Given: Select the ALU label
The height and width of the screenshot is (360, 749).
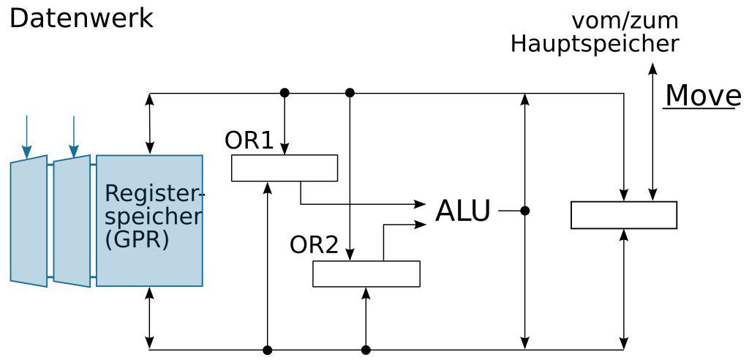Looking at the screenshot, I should click(462, 211).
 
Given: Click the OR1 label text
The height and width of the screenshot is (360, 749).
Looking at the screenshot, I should click(249, 140).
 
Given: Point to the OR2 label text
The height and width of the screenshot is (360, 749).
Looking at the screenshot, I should click(314, 245).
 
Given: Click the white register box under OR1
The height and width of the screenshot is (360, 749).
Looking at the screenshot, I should click(285, 168).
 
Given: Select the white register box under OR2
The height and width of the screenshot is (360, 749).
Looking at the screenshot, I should click(366, 274).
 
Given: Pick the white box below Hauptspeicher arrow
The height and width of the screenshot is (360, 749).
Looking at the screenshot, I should click(623, 215).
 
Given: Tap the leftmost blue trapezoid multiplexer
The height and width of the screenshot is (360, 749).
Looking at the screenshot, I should click(29, 221).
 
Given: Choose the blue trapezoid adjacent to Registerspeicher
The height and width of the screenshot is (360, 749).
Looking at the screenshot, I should click(72, 221).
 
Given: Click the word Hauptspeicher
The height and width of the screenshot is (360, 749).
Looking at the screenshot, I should click(594, 44).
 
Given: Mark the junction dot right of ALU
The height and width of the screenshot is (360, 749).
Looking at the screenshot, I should click(524, 211).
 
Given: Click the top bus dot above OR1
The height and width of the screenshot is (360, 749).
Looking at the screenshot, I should click(285, 93).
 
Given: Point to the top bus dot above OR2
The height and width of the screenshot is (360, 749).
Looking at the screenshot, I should click(350, 93).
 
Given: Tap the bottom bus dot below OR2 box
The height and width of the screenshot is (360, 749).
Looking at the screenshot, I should click(366, 350).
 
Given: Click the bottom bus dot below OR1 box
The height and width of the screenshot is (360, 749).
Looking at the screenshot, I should click(268, 350).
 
